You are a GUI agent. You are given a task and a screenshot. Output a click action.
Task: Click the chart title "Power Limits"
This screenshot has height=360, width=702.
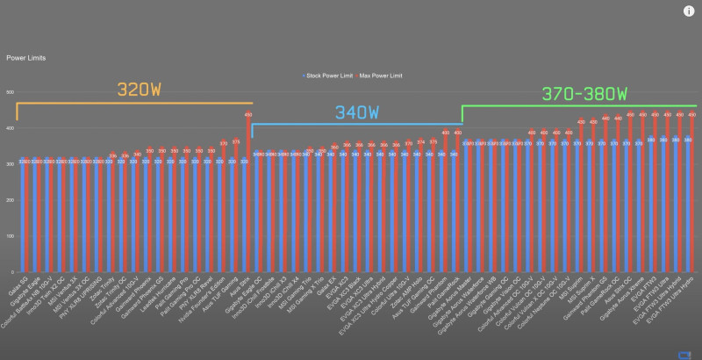click(x=26, y=58)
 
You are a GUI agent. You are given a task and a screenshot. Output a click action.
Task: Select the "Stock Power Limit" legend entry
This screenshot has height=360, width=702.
click(x=328, y=76)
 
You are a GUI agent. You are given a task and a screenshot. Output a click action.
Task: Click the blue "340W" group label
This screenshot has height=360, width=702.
click(x=356, y=113)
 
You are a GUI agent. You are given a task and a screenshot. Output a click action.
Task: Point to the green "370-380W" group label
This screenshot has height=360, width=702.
click(x=584, y=93)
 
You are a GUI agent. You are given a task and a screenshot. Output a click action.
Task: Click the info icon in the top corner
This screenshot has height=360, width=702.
click(x=688, y=11)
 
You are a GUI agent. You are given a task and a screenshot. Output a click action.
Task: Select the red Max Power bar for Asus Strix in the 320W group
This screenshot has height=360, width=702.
click(x=247, y=193)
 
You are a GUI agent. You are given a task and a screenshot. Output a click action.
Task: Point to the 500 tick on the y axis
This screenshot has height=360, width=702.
click(x=10, y=92)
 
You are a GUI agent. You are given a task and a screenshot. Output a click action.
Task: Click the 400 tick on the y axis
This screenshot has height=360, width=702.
click(x=10, y=128)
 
